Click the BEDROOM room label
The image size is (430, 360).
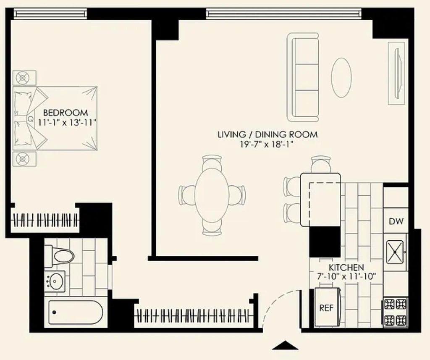click(66, 113)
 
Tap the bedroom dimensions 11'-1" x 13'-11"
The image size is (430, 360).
click(67, 122)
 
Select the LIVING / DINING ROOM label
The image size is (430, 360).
click(267, 135)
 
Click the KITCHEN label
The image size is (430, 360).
click(346, 267)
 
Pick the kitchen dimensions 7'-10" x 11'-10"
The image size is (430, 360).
click(346, 276)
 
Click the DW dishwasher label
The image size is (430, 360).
click(396, 221)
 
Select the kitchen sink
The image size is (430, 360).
click(395, 252)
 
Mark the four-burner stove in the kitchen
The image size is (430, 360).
click(395, 312)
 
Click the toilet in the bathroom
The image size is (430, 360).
click(59, 256)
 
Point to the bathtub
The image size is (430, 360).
click(76, 312)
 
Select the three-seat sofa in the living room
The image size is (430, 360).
click(303, 77)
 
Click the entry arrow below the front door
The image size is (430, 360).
click(285, 345)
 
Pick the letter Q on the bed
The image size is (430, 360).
click(31, 119)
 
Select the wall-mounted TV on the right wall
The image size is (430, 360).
click(396, 73)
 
